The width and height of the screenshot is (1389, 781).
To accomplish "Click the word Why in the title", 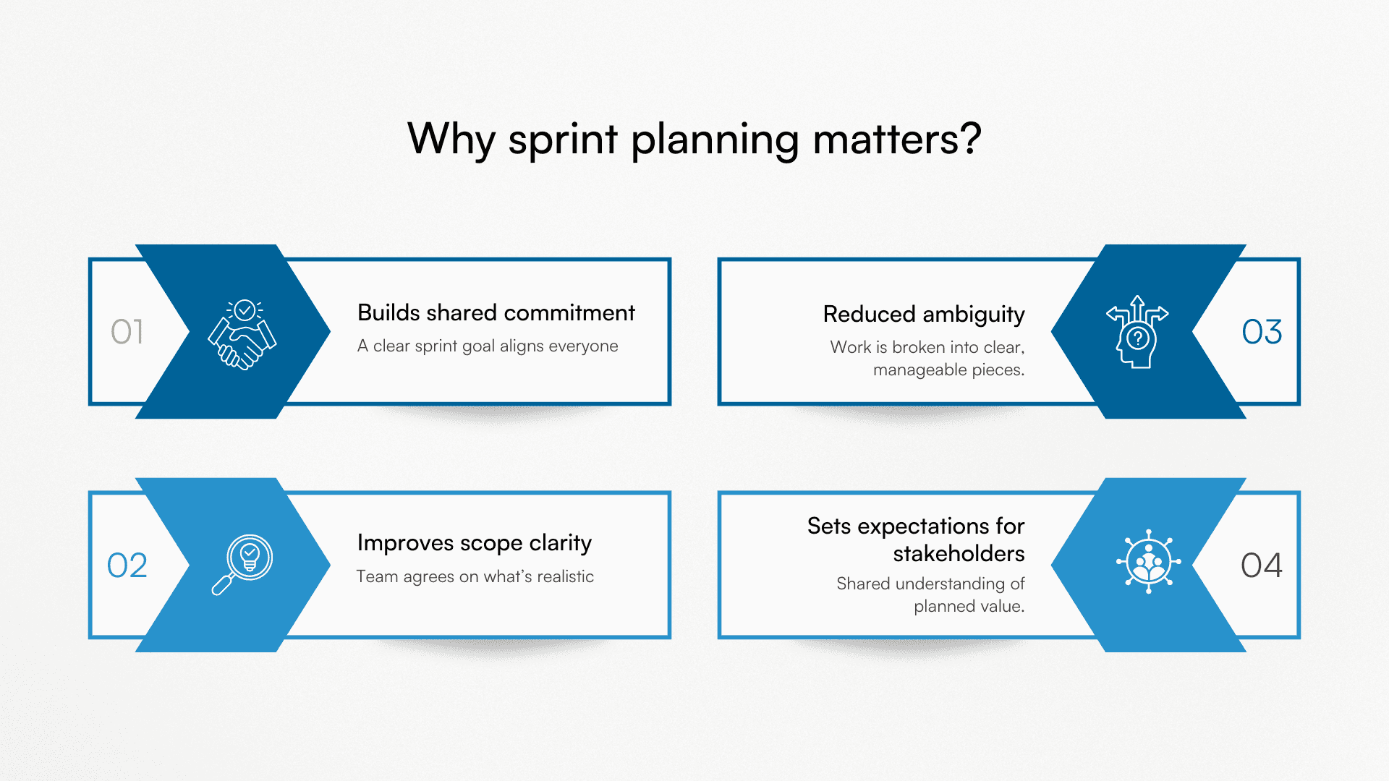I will point(450,139).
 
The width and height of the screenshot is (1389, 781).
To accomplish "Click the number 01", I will point(127,332).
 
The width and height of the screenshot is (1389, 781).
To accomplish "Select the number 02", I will point(127,566).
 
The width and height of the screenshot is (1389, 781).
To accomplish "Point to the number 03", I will point(1262,332).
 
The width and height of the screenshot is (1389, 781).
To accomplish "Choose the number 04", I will point(1262,566).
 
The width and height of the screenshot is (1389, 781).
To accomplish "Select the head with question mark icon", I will point(1137,333).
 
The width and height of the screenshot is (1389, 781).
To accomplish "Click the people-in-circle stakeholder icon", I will point(1148,562).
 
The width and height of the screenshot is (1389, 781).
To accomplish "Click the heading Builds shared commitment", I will point(496,312).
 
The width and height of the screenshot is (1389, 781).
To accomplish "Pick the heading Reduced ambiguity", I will point(924,315).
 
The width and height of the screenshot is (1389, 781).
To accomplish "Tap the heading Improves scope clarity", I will point(474,543).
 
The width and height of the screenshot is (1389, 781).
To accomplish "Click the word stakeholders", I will point(959,554).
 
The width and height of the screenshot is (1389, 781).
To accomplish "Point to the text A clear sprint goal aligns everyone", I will point(488,346).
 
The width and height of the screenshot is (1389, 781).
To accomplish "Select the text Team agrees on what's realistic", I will point(475,577).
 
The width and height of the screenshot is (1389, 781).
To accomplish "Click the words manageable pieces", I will point(948,370).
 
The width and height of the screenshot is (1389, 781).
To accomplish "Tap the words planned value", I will point(969,607).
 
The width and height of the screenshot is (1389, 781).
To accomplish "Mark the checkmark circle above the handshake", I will point(245,310).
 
